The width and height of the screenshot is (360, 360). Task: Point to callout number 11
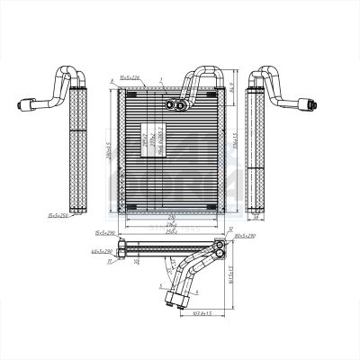point(108,262)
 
